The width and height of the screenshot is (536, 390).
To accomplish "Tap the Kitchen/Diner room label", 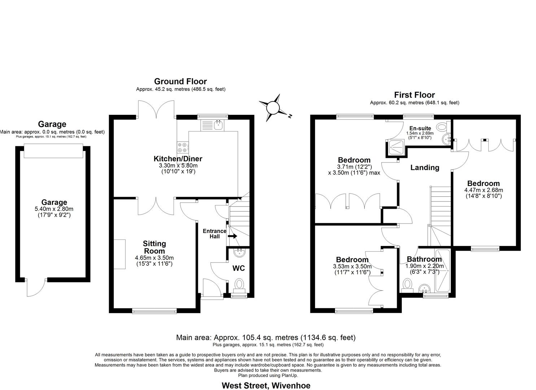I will (x=178, y=159).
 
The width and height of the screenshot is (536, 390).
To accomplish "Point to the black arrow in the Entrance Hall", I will (x=232, y=236).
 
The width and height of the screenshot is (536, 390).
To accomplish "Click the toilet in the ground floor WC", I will (x=239, y=285).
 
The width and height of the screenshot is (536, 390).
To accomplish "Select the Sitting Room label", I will (x=154, y=247).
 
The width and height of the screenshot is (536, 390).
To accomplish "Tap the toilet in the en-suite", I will (x=442, y=127).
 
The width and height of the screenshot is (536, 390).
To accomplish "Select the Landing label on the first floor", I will (x=425, y=168).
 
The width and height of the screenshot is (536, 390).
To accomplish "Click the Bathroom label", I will (x=424, y=259).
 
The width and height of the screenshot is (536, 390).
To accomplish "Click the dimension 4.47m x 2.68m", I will (x=483, y=190).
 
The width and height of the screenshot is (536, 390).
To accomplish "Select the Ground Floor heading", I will (x=180, y=81).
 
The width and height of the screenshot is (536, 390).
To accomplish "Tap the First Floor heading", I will (x=414, y=95).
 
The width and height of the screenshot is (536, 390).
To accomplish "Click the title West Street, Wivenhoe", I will (x=266, y=385).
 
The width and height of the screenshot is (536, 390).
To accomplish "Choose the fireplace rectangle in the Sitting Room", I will (x=120, y=254).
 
